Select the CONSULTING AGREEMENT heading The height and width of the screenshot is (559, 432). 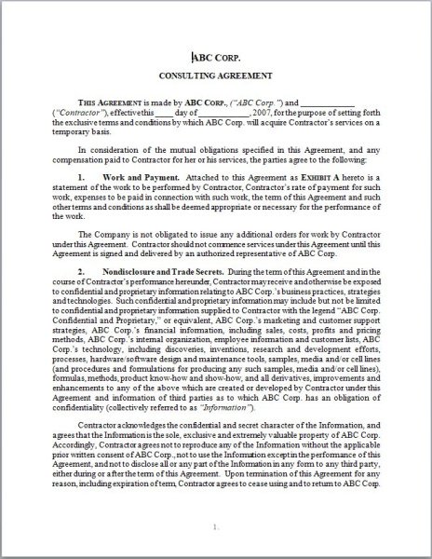215,77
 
